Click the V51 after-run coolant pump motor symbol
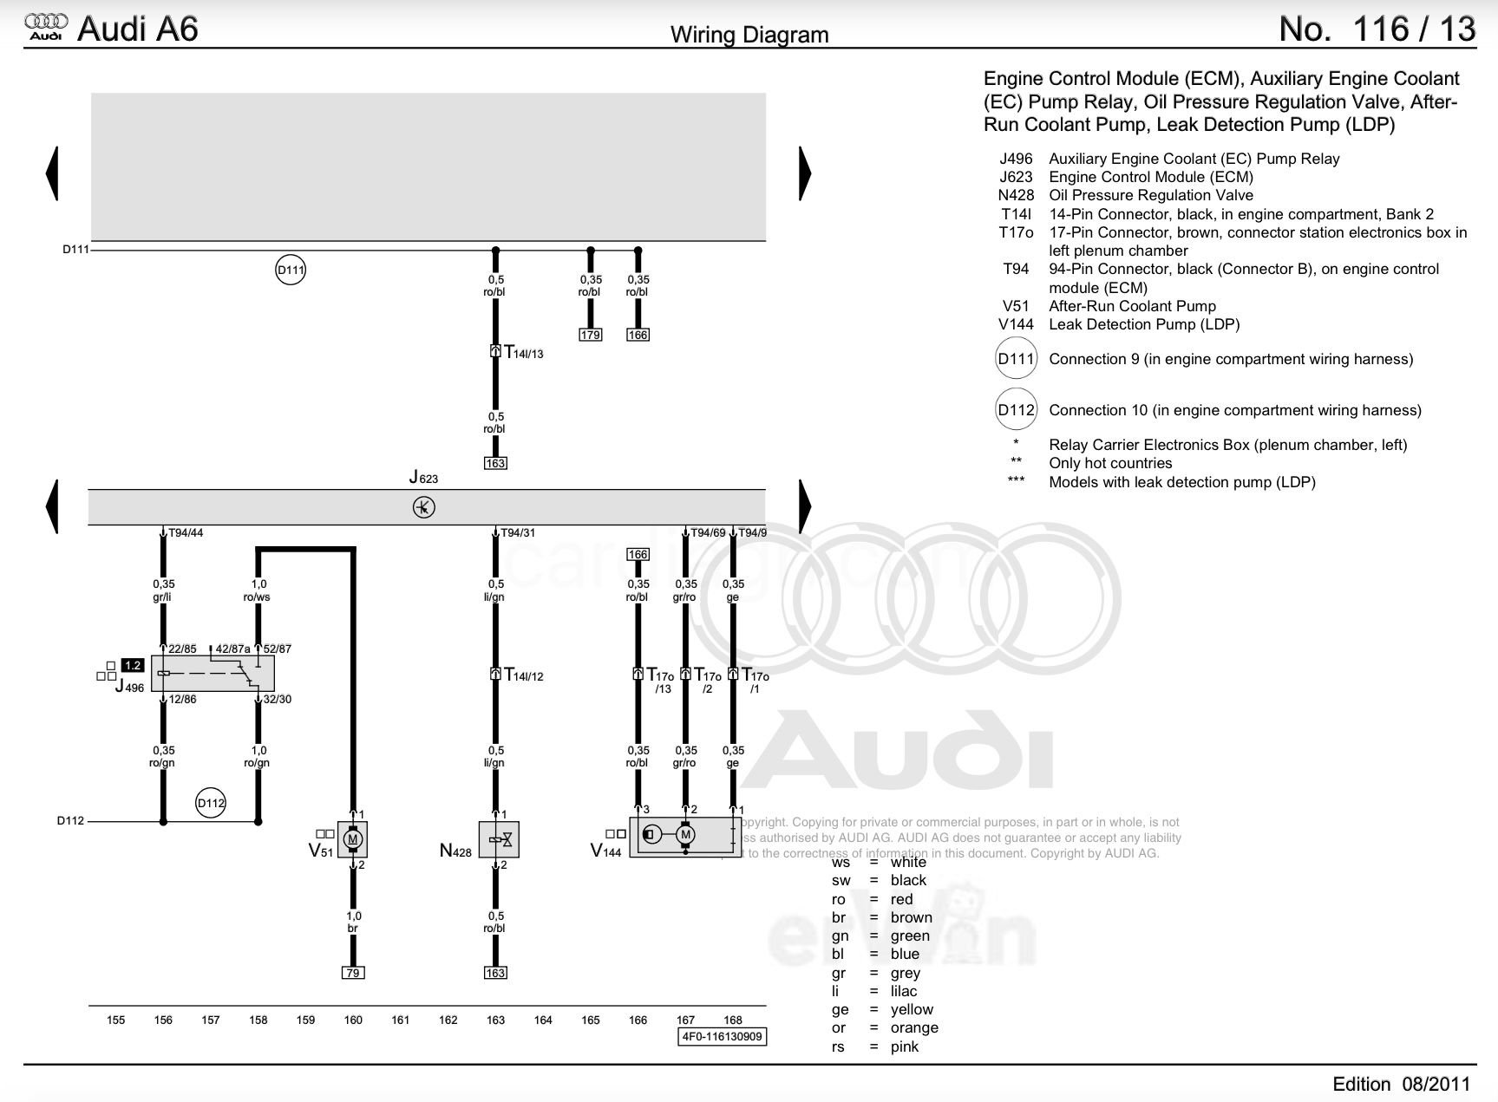point(352,839)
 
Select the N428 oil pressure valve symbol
point(499,839)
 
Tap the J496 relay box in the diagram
point(213,673)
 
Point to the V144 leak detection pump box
point(684,835)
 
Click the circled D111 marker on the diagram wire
point(291,270)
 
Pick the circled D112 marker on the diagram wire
point(211,803)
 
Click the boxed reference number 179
point(590,335)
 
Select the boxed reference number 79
point(352,973)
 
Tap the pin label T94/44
point(186,533)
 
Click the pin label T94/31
point(518,533)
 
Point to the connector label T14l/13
point(523,353)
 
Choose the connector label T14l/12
point(523,675)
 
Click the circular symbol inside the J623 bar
point(423,507)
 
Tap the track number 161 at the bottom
point(400,1020)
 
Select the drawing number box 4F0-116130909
point(722,1036)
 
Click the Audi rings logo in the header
point(46,27)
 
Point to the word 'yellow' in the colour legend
point(912,1009)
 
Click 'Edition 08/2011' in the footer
point(1402,1084)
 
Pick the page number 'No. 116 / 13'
point(1377,29)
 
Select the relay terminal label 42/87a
point(232,649)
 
